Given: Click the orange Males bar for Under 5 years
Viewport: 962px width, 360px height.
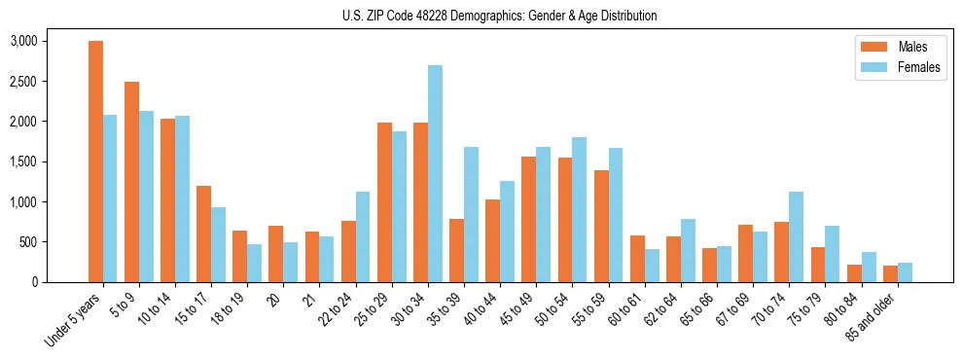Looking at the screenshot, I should (95, 162).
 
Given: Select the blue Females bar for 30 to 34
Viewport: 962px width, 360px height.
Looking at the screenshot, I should (435, 174).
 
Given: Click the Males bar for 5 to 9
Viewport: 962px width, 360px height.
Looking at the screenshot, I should (131, 182).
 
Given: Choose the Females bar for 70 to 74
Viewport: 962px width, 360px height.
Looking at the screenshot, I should (796, 237).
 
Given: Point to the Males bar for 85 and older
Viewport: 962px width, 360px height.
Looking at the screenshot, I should (890, 273).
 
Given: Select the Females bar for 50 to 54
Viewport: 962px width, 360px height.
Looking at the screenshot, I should (579, 210).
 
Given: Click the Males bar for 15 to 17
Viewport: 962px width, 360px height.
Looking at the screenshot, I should (203, 234).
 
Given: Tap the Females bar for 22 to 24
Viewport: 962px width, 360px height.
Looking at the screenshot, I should (363, 237).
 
